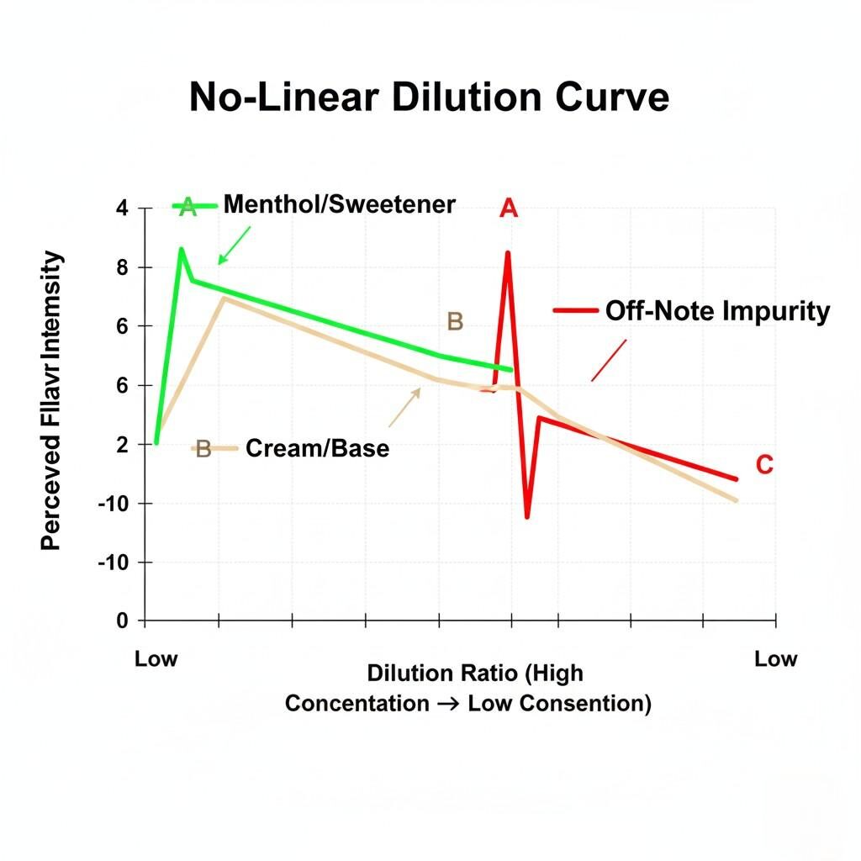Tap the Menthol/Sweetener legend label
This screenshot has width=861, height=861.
pos(339,204)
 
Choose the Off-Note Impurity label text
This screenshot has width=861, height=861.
pos(717,311)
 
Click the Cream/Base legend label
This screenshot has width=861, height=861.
pos(317,448)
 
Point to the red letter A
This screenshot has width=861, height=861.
pos(508,209)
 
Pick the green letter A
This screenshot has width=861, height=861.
pos(188,208)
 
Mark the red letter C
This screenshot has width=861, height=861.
pos(763,464)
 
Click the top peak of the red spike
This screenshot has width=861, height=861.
pos(508,252)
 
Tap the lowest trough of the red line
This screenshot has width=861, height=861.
pos(527,516)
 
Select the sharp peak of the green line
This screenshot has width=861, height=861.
pos(181,249)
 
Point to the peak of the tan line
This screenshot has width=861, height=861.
pos(222,298)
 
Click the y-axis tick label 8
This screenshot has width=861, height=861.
pos(122,267)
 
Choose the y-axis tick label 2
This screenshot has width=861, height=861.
pos(122,444)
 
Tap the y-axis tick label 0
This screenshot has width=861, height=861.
pos(122,621)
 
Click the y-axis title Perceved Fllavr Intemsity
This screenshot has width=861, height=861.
pos(52,399)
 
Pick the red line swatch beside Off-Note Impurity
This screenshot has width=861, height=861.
pos(574,311)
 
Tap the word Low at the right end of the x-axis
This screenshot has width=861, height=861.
pos(774,658)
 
